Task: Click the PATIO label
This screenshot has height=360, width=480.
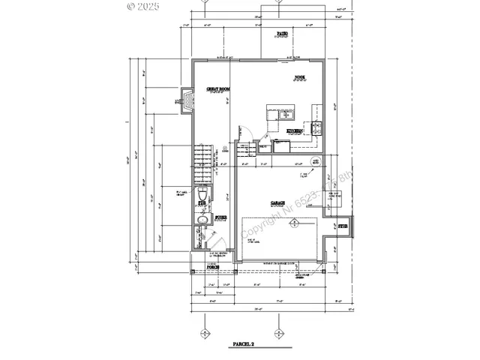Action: click(282, 34)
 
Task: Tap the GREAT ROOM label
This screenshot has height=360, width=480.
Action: click(217, 88)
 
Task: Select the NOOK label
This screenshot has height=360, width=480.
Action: click(299, 76)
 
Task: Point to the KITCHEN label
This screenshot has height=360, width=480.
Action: click(295, 131)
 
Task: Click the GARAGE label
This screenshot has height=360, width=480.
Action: click(271, 202)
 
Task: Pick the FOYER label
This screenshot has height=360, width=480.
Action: click(221, 217)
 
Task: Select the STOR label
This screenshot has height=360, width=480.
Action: click(343, 224)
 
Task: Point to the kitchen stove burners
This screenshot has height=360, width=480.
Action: click(316, 127)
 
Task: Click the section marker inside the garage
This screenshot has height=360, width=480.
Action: click(295, 223)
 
